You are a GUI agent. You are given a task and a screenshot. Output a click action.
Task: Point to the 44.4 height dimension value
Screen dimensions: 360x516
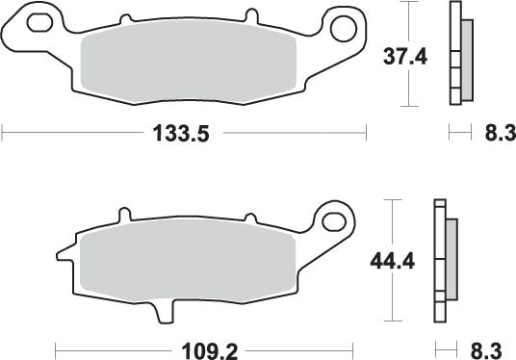click(393, 261)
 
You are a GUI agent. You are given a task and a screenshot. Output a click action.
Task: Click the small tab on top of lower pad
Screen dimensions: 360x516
click(123, 214)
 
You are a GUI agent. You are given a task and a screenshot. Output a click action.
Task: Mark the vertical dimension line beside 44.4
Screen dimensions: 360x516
click(390, 260)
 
